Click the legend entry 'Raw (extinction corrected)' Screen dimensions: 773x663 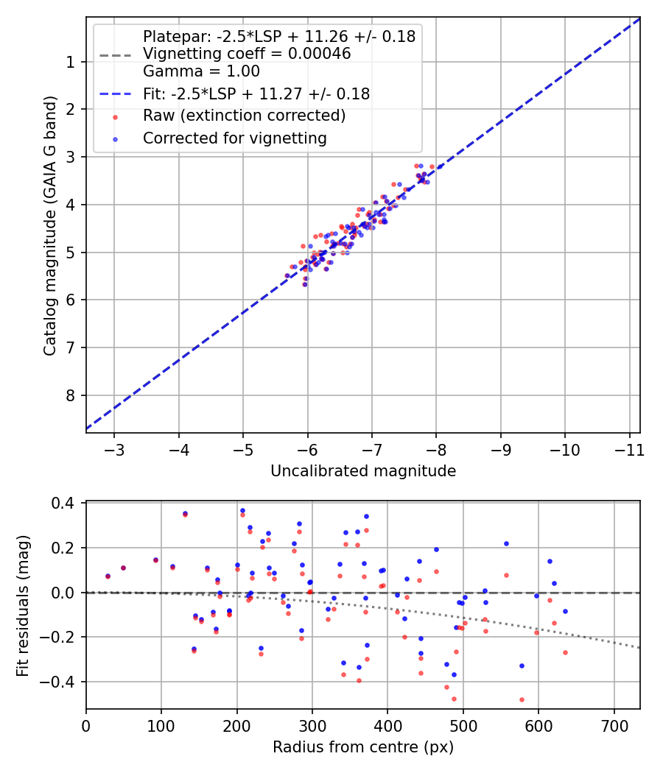tap(244, 116)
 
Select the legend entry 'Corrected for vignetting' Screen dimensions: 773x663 tap(234, 138)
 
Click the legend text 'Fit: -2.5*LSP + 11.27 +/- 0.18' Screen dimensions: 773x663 tap(256, 93)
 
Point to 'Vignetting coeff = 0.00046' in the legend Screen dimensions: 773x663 tap(246, 54)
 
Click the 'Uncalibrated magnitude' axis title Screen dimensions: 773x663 tap(363, 471)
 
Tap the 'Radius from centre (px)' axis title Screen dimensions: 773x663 tap(363, 747)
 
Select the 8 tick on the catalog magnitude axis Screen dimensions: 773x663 tap(71, 396)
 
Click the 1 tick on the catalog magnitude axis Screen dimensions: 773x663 tap(71, 62)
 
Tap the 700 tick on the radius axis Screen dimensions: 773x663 tap(614, 725)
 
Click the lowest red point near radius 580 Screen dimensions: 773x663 tap(522, 699)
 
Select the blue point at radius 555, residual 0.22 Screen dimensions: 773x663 tap(506, 543)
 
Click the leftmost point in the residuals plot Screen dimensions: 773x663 tap(108, 576)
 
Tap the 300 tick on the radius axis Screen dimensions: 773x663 tap(312, 725)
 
